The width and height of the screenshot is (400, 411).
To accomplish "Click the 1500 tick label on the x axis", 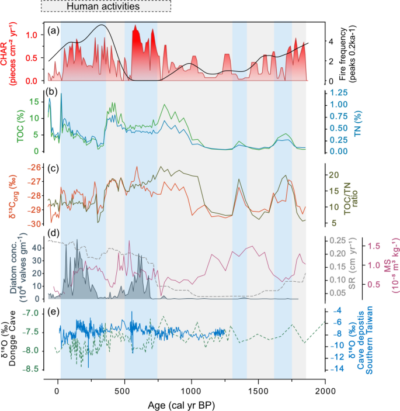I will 258,388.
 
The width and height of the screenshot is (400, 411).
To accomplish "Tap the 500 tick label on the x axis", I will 124,388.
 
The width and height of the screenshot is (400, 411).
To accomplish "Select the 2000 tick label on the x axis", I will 325,388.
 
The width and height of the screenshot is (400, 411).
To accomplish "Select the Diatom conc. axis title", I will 13,267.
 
